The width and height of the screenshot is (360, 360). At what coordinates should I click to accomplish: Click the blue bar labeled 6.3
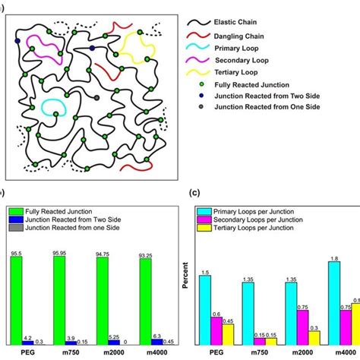157,342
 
